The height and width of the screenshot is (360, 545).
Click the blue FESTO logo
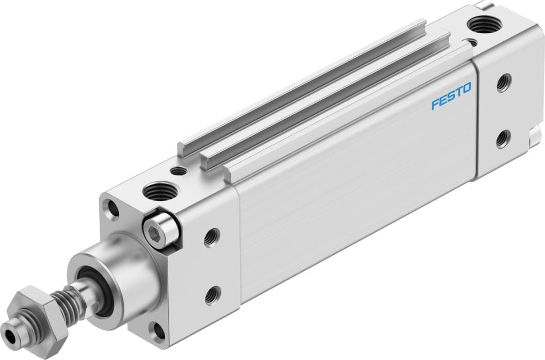451,97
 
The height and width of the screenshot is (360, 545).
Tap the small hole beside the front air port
179,171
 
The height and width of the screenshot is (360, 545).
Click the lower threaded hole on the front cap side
212,295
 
